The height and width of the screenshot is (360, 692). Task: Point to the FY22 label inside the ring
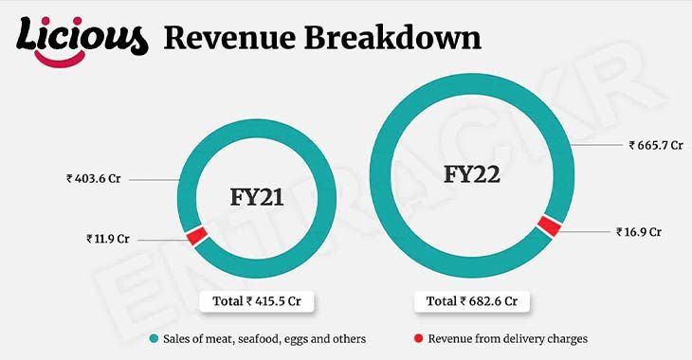pyautogui.click(x=472, y=175)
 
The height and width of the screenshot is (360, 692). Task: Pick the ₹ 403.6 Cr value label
pyautogui.click(x=95, y=177)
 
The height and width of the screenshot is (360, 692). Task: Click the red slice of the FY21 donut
pyautogui.click(x=196, y=236)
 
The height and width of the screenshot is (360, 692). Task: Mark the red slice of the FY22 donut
pyautogui.click(x=548, y=225)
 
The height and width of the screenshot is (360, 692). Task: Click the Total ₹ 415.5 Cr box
pyautogui.click(x=257, y=301)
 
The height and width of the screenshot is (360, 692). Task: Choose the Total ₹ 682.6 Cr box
pyautogui.click(x=471, y=301)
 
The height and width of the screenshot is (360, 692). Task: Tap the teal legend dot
pyautogui.click(x=153, y=338)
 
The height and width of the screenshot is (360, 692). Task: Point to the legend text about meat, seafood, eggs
pyautogui.click(x=264, y=338)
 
